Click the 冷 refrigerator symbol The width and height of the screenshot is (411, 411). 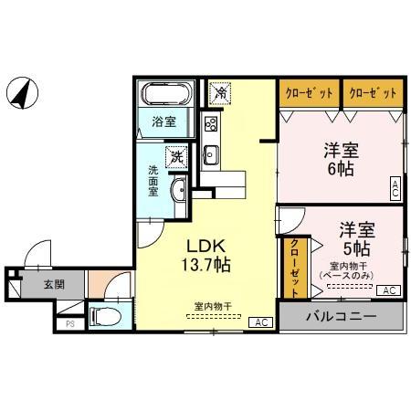coord(220,92)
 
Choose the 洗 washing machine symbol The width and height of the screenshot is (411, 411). coord(176,156)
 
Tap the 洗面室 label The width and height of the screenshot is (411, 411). coord(153,181)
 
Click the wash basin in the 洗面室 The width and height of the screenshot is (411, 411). coord(178,191)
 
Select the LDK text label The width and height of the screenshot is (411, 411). coord(206,247)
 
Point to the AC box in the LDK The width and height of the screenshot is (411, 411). coord(260,322)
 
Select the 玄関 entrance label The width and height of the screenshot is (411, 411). coord(54,284)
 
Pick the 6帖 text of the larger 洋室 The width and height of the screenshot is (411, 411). coord(339,169)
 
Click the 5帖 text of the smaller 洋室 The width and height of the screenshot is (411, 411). coord(355,248)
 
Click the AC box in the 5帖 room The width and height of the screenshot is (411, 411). coord(387,290)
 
